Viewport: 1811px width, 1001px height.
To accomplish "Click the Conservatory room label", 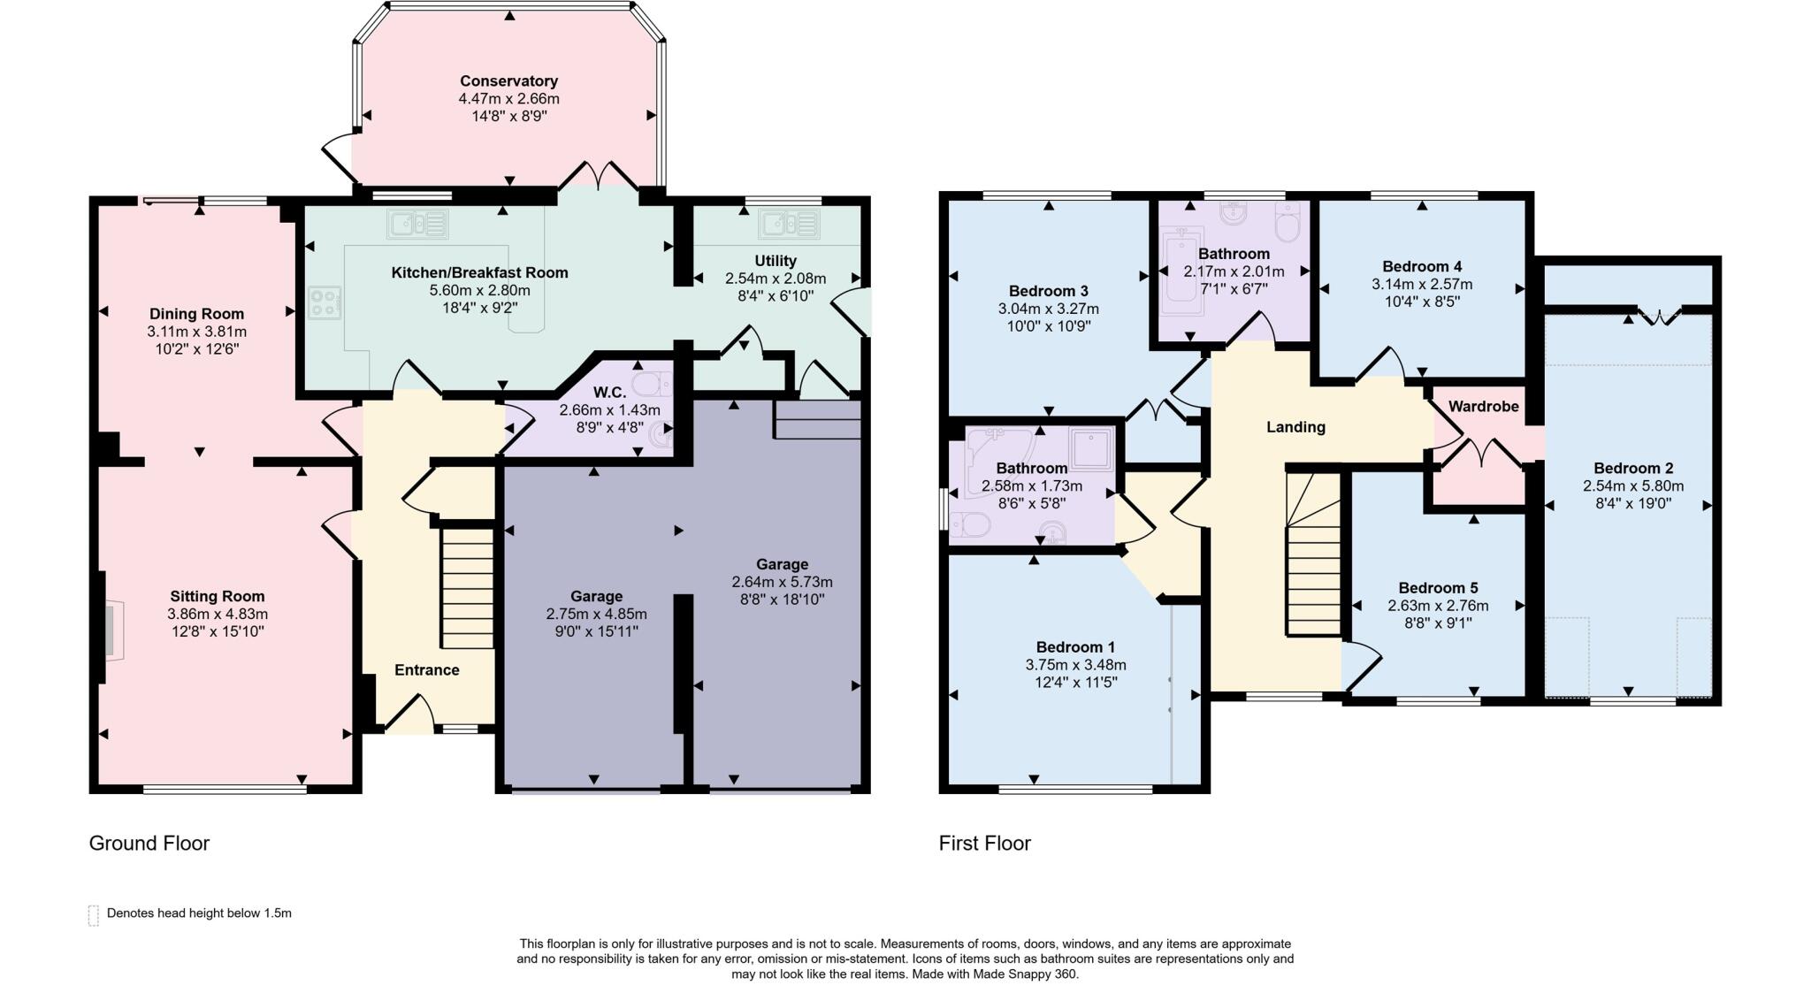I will [508, 81].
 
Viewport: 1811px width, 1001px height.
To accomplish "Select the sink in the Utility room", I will [789, 224].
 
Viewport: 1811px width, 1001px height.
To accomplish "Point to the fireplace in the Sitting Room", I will [112, 630].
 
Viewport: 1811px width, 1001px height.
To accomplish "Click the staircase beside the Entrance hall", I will [467, 588].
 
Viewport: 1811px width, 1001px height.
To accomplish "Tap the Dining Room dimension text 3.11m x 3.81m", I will [196, 332].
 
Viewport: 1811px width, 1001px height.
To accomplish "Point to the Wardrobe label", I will [1483, 407].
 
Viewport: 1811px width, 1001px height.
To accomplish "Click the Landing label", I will [1295, 427].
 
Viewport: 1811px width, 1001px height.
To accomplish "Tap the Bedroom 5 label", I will [1438, 588].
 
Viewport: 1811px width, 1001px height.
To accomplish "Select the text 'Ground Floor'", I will [149, 843].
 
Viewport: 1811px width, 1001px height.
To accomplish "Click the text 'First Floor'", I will [984, 843].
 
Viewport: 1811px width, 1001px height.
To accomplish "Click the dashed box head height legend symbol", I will [94, 914].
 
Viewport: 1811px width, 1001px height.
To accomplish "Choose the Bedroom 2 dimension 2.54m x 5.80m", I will [1632, 486].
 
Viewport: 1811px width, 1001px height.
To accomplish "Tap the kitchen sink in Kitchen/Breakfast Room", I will [417, 224].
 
